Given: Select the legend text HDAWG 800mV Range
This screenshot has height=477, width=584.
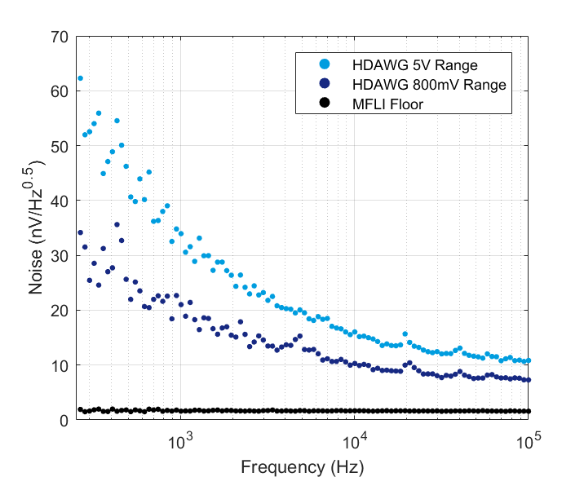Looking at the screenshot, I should point(429,84).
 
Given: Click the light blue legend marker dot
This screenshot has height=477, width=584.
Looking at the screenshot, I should point(324,64).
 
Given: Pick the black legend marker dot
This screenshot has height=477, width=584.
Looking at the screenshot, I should point(324,103).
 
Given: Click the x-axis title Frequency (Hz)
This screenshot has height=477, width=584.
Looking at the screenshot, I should point(302,466).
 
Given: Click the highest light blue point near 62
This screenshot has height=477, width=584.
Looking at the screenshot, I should point(80,78).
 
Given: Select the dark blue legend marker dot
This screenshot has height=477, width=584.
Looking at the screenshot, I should point(324,83).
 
